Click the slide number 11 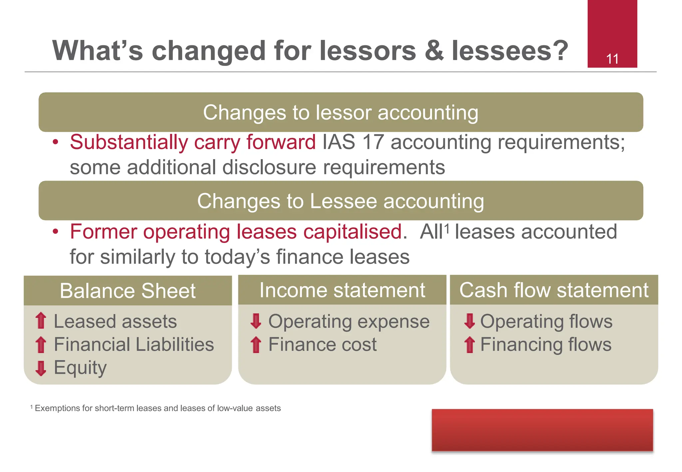(612, 59)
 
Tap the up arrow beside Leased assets (41, 321)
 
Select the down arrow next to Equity (41, 368)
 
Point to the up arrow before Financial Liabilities (41, 345)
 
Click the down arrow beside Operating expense (256, 321)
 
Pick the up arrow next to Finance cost (256, 345)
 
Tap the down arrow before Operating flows (470, 321)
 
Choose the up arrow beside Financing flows (470, 345)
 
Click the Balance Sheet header (128, 291)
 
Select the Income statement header (342, 290)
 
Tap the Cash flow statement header (554, 290)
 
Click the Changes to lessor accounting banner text (341, 112)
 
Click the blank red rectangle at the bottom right (542, 430)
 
